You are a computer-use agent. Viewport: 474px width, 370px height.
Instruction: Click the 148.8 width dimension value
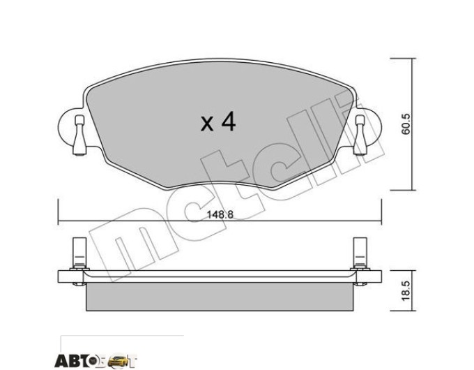[x=220, y=214]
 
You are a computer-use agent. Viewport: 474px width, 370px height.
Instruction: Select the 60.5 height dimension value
[x=406, y=124]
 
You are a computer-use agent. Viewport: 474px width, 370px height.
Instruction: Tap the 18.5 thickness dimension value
[x=406, y=290]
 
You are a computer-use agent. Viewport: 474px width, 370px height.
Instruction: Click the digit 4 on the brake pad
[x=228, y=121]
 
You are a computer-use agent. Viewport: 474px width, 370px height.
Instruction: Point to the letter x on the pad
[x=207, y=124]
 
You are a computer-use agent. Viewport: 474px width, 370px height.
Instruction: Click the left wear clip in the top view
[x=79, y=135]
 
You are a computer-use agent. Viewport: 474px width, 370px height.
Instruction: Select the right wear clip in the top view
[x=360, y=135]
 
